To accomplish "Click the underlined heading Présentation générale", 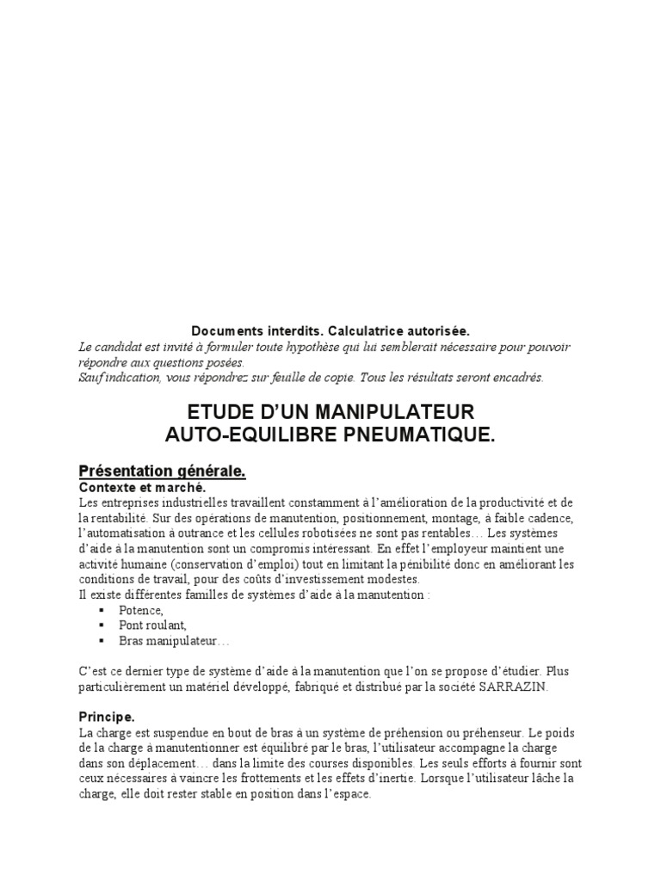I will coord(163,471).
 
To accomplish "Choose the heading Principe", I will coord(107,716).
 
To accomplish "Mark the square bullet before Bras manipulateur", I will coord(102,641).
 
